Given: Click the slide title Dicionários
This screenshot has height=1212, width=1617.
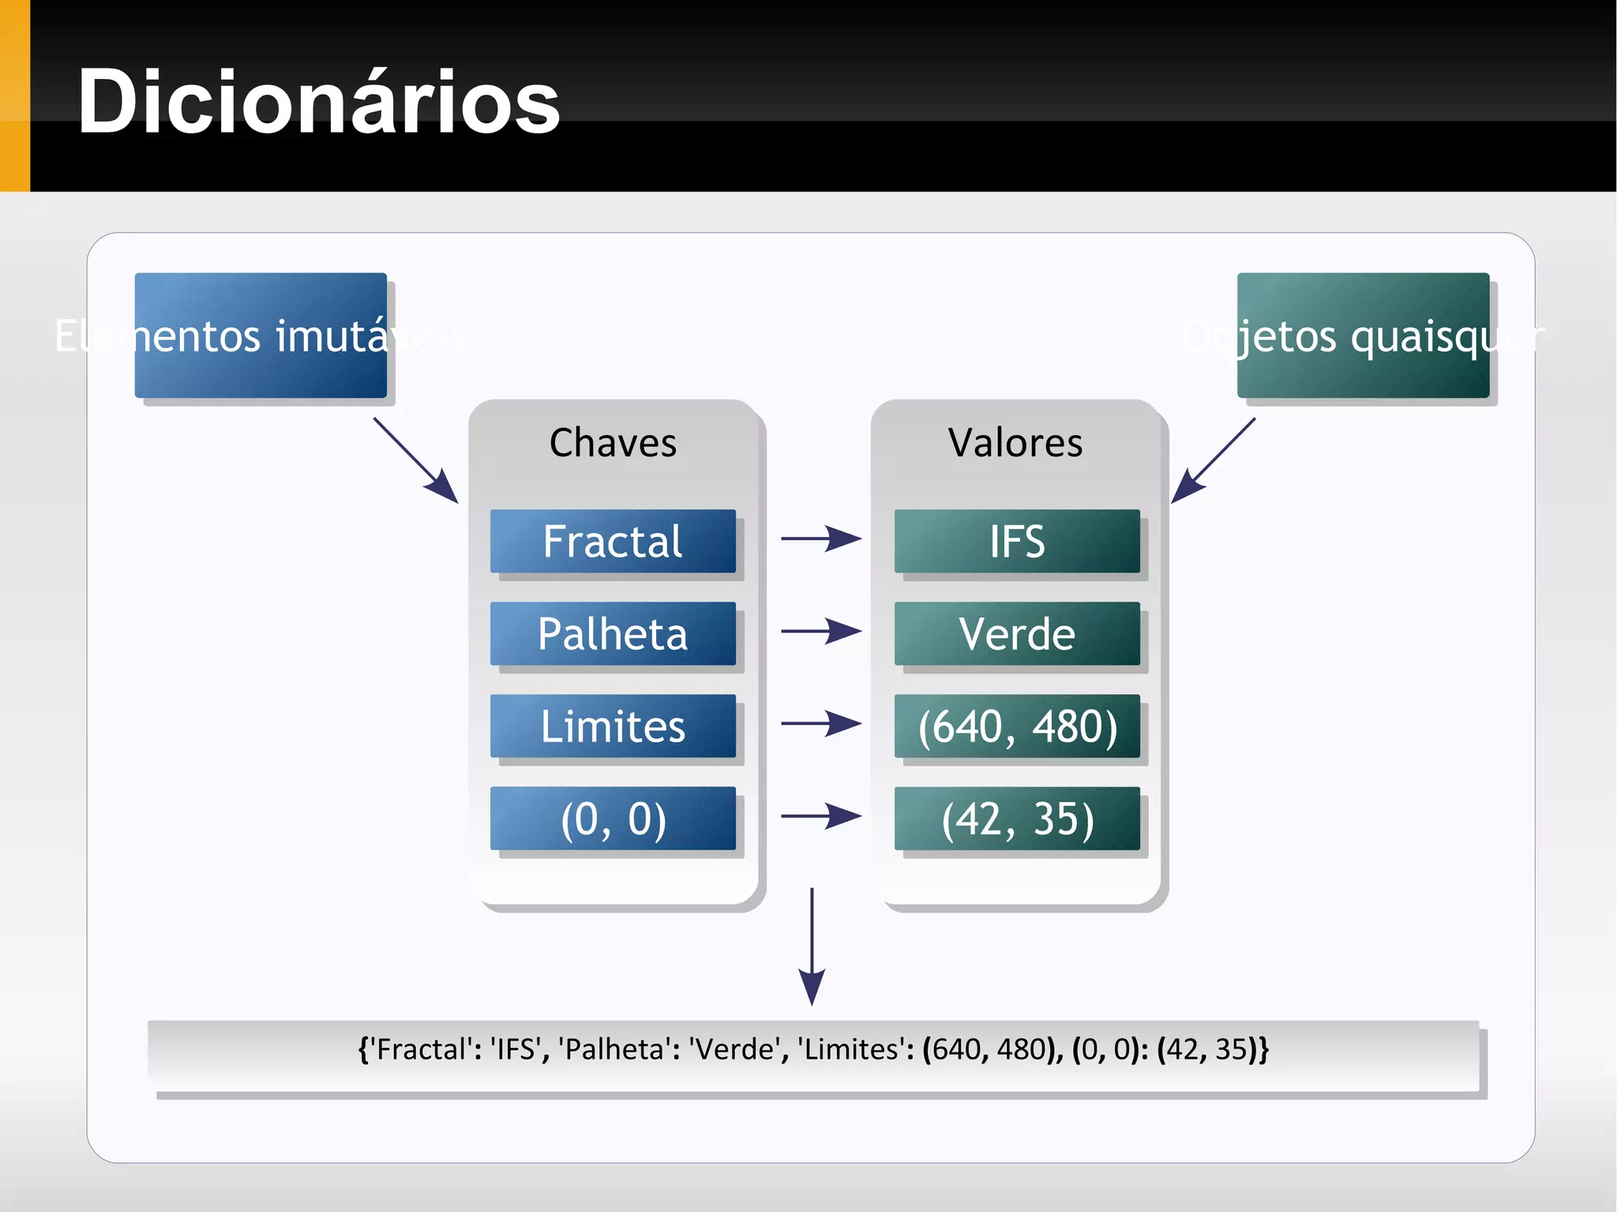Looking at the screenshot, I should [319, 102].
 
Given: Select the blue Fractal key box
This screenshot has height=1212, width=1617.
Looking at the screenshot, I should [613, 542].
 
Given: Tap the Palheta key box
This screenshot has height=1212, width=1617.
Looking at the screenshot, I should [613, 634].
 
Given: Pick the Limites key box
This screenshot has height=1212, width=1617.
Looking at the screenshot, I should [613, 726].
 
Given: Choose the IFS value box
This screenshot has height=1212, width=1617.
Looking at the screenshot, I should [1017, 542].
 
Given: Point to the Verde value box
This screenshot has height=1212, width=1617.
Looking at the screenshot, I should [1017, 634].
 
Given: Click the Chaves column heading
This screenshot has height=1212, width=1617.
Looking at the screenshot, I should [613, 443].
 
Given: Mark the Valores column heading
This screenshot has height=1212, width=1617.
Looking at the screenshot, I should [1015, 443].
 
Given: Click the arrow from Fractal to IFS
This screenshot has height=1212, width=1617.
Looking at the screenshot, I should [820, 538].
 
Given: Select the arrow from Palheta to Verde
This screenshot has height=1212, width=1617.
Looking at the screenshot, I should [820, 631].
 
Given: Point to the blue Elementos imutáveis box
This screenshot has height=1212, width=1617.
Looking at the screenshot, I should [261, 336].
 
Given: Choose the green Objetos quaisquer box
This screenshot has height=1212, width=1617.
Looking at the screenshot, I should [1363, 336].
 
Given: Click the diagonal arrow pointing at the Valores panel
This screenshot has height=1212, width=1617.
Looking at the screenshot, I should [1212, 461].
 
